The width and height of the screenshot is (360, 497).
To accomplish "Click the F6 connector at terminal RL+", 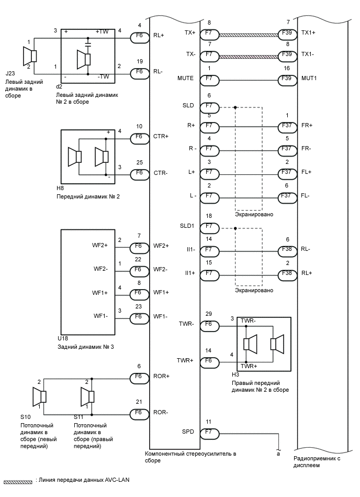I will click(x=139, y=36).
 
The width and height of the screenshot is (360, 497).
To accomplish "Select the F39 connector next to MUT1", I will click(x=286, y=79).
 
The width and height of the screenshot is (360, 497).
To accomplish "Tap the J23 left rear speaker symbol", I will click(x=29, y=56).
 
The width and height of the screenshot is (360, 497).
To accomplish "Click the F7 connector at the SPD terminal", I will click(x=209, y=433).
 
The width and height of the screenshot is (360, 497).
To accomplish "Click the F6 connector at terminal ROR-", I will click(x=139, y=413).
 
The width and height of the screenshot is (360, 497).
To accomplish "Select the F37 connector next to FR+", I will click(x=286, y=126).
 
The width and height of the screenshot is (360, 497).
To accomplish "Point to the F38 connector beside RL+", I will click(x=286, y=273).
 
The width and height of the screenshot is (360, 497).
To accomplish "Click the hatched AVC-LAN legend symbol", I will click(x=18, y=480).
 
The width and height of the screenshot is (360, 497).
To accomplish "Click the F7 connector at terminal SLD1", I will click(x=209, y=226).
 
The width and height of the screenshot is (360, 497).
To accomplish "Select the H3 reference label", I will click(x=235, y=375).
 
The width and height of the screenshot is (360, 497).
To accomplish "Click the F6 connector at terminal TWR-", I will click(x=209, y=325).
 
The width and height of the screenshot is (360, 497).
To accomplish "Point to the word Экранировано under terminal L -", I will click(x=254, y=215).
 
